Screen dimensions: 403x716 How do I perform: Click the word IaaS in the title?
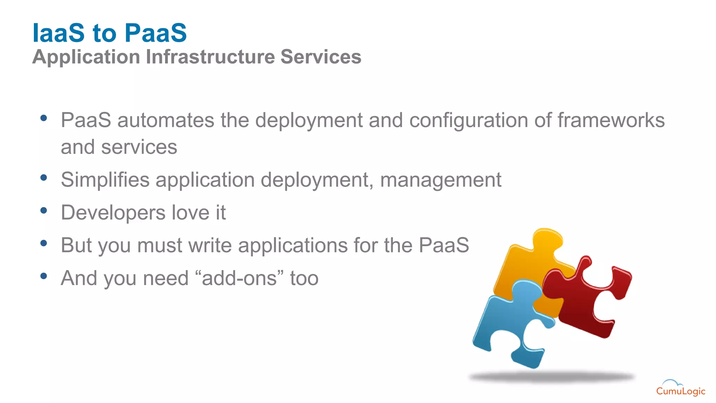point(58,33)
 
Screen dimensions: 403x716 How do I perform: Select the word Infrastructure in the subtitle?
point(210,57)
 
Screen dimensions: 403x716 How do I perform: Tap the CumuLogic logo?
point(680,388)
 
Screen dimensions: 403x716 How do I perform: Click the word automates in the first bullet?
point(166,120)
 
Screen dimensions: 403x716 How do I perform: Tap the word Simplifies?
point(105,180)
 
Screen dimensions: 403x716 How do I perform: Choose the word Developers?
point(113,213)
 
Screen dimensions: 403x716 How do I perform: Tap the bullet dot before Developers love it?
point(44,210)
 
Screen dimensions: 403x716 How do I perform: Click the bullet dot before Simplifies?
point(44,177)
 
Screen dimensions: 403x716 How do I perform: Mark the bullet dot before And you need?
point(44,276)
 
